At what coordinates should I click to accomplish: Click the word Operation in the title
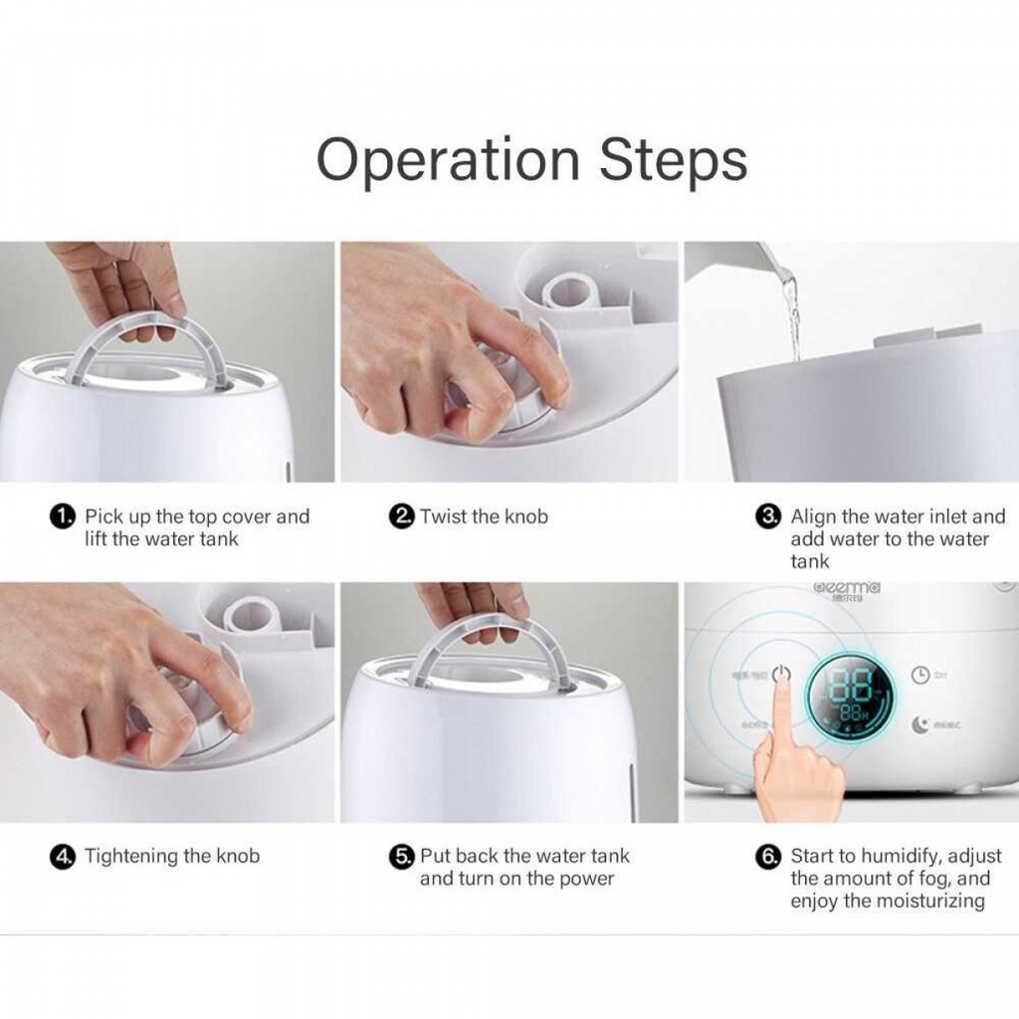click(x=448, y=160)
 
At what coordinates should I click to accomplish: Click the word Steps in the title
click(x=673, y=160)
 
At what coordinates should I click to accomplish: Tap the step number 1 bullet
click(x=62, y=517)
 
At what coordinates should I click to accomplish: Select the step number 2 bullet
click(x=401, y=517)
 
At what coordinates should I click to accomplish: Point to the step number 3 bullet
click(x=768, y=517)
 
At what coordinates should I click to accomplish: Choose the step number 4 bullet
click(x=62, y=856)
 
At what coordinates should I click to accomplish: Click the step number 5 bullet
click(x=401, y=857)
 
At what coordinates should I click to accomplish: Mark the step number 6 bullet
click(x=768, y=857)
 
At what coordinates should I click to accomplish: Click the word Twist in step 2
click(x=444, y=516)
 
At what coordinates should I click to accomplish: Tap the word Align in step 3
click(x=814, y=516)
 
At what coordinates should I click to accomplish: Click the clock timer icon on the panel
click(x=920, y=675)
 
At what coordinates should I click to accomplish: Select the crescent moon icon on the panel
click(x=918, y=724)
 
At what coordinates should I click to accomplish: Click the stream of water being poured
click(x=792, y=308)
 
